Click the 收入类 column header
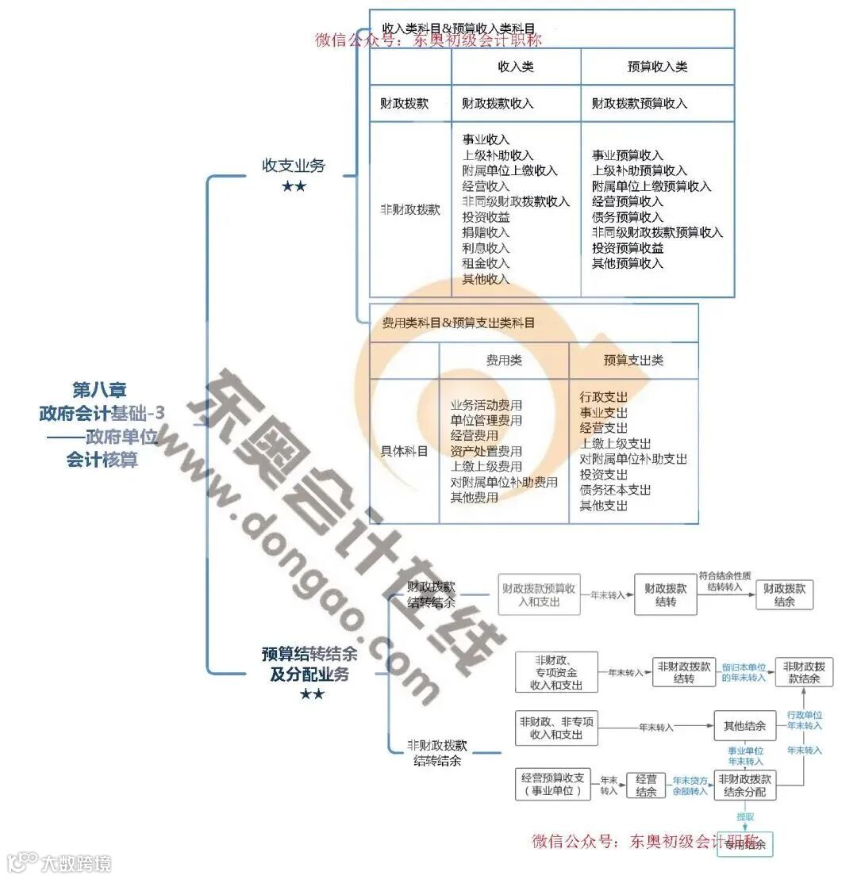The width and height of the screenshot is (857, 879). [516, 67]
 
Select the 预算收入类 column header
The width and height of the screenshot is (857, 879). [657, 67]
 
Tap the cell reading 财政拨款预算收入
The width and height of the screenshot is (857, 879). [640, 104]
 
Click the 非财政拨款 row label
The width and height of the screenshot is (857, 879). [410, 210]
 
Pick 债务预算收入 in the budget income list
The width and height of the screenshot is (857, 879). [627, 217]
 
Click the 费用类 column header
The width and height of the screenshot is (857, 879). [504, 361]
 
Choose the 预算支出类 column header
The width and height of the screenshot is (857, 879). [633, 361]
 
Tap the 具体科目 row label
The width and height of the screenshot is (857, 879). [405, 451]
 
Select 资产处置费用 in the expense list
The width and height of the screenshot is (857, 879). [486, 452]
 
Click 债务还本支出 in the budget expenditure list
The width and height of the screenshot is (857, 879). [615, 490]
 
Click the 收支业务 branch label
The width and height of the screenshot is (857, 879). [294, 166]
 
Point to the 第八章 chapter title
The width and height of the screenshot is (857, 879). [100, 390]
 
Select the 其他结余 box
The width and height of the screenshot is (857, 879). [744, 726]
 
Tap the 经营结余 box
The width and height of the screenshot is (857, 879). [646, 785]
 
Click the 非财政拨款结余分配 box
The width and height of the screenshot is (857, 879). [744, 785]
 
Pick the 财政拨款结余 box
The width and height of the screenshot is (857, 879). [784, 595]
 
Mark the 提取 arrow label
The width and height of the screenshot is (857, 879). [745, 816]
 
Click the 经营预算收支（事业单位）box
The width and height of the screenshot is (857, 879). [553, 784]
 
